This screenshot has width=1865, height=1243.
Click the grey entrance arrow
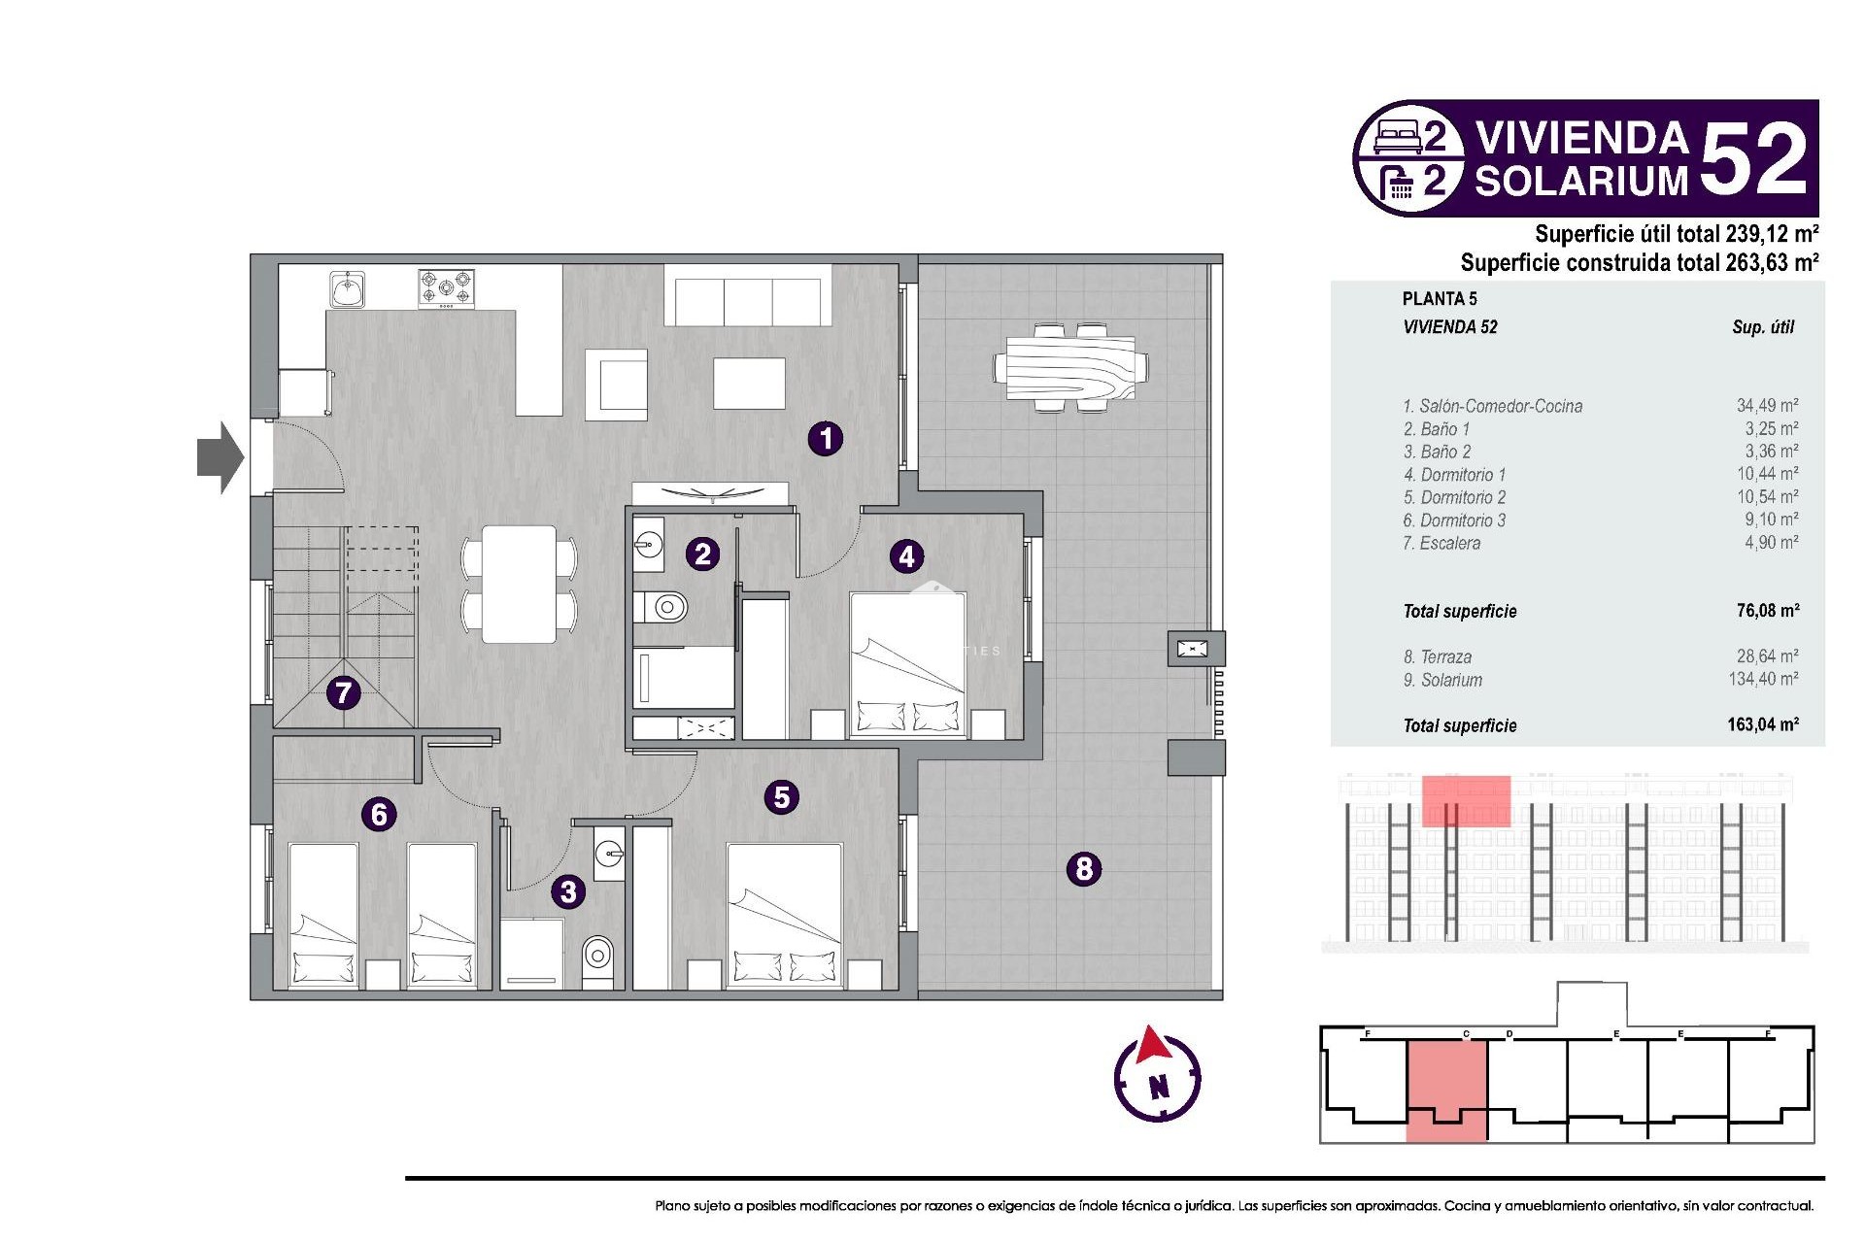click(220, 457)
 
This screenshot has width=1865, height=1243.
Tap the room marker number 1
click(826, 438)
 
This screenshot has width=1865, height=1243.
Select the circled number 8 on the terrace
click(1084, 868)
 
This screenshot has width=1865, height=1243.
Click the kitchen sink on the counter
click(347, 288)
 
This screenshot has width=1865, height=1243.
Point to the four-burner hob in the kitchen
click(446, 288)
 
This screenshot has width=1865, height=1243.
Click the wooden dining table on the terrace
click(1070, 368)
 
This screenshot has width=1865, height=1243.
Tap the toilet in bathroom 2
click(663, 608)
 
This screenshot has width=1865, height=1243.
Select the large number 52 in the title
click(1754, 158)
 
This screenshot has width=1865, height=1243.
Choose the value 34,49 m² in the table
click(1767, 406)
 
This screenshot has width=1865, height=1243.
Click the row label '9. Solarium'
click(1442, 681)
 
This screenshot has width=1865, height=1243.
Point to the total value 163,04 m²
click(1762, 724)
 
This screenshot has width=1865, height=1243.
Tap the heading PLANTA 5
click(1440, 299)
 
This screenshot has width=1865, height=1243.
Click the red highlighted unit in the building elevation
click(1466, 801)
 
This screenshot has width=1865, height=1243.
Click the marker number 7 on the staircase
click(343, 692)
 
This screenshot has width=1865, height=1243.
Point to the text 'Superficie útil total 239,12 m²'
click(1676, 234)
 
